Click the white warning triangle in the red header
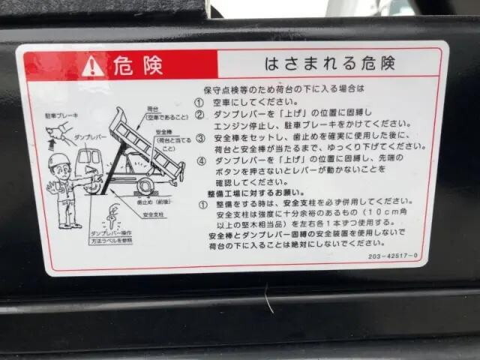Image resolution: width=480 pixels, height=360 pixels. point(93,66)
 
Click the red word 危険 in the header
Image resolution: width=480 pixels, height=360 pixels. point(137,66)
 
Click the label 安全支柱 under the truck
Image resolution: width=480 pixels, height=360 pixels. point(153,215)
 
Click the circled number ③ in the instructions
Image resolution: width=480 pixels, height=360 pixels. point(201,139)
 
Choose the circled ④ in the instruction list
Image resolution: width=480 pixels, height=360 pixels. point(201,160)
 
